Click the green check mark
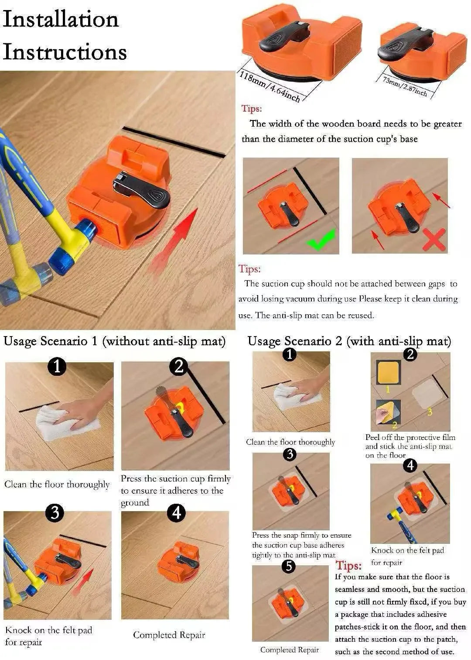click(321, 240)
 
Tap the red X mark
click(434, 240)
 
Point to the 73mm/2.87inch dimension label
click(405, 86)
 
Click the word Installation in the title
click(61, 19)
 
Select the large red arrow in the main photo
click(174, 241)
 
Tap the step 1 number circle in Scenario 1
click(57, 367)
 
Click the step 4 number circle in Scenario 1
click(176, 513)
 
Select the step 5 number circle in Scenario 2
click(289, 566)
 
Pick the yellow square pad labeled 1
click(388, 372)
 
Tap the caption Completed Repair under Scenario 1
click(169, 635)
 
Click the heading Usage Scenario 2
click(295, 341)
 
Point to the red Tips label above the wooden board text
click(252, 109)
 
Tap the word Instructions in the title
click(65, 52)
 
